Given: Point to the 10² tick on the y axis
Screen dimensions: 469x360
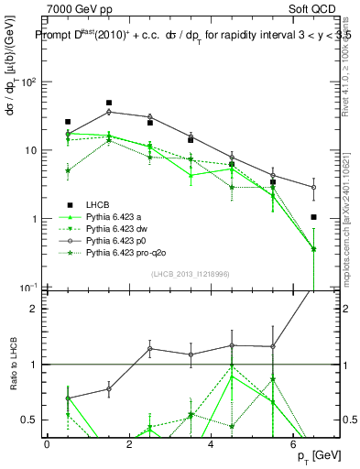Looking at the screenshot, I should pos(28,82).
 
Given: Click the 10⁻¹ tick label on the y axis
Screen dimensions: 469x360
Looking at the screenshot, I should pos(28,288).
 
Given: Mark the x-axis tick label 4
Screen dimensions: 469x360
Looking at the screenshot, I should pos(212,444).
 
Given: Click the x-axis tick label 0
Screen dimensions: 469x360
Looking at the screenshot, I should pos(47,444).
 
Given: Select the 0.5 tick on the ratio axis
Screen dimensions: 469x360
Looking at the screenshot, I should pos(27,420).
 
